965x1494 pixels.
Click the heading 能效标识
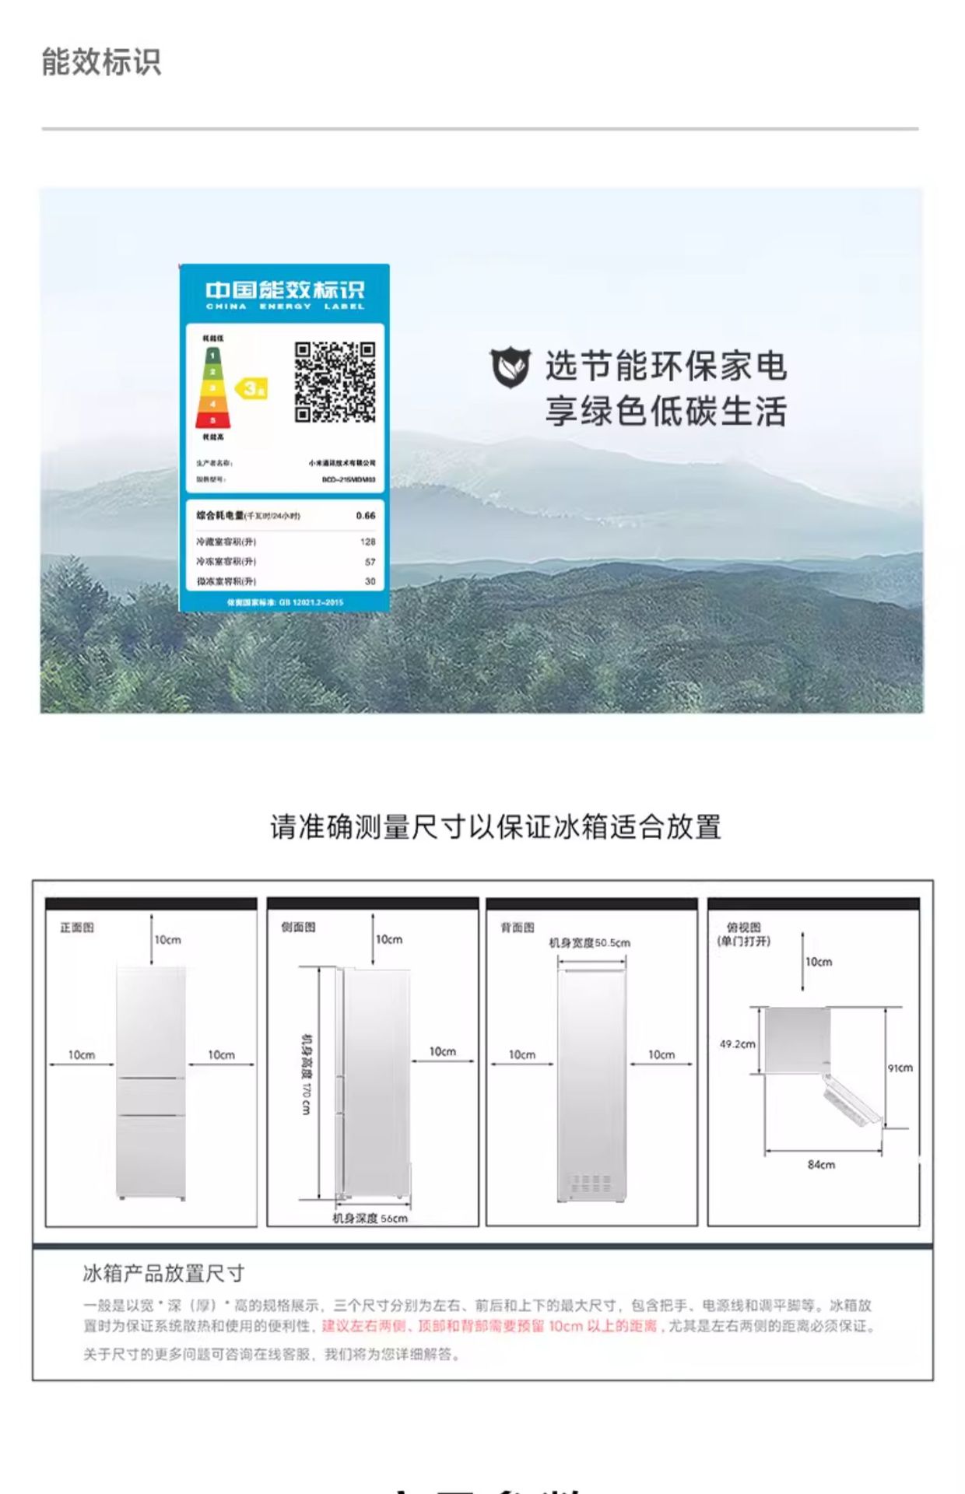coord(101,62)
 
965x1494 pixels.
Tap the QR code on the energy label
coord(335,382)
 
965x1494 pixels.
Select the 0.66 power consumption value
coord(366,515)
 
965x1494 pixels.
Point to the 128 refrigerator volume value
coord(368,542)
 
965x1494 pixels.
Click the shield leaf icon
coord(511,367)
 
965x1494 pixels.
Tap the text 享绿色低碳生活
coord(665,412)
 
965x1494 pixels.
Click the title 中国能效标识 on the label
coord(285,290)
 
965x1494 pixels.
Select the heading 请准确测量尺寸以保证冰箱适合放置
coord(496,826)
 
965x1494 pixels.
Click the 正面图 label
coord(77,928)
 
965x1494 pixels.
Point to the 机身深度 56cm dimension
coord(370,1218)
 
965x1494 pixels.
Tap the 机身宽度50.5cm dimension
coord(590,943)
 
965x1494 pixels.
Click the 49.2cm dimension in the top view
coord(737,1043)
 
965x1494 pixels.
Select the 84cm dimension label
coord(821,1165)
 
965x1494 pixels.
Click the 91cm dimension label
coord(900,1068)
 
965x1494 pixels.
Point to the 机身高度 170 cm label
coord(307,1074)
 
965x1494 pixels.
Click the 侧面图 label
coord(298,927)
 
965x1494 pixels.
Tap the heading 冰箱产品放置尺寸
coord(163,1273)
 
